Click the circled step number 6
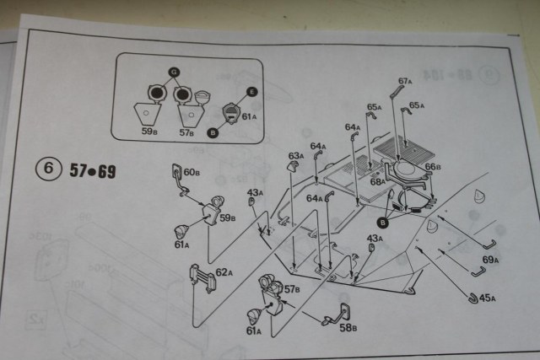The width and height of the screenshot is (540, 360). [46, 169]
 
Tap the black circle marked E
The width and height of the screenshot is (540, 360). [251, 92]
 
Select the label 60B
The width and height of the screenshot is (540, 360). [192, 173]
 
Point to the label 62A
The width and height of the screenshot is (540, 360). [223, 272]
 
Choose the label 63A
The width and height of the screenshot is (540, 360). [295, 156]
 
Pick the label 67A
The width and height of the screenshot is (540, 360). [404, 81]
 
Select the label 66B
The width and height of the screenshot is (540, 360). [432, 167]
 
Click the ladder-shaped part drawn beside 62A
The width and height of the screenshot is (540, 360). [198, 276]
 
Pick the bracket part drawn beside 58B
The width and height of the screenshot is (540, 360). [342, 311]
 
